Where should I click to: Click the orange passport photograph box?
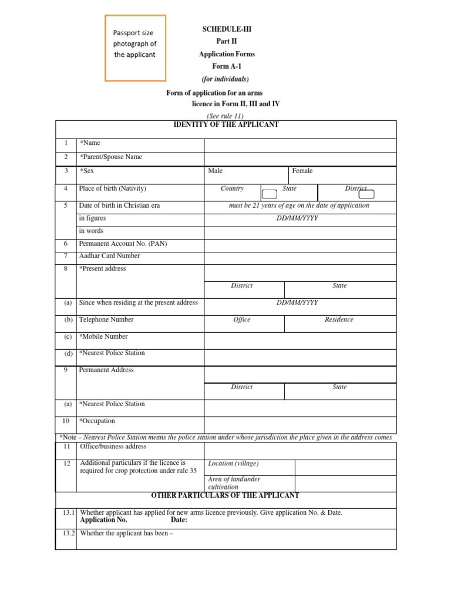click(135, 48)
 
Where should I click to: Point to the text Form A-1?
click(227, 66)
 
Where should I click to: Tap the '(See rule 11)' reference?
click(225, 116)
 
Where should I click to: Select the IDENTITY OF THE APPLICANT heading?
click(225, 124)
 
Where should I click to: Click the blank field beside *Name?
click(299, 145)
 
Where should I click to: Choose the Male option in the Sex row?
click(215, 171)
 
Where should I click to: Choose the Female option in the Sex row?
click(302, 171)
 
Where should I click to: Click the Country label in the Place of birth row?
click(232, 188)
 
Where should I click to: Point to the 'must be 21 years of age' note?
click(299, 205)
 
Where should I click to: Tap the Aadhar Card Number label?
click(109, 256)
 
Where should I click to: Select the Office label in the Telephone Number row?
click(241, 320)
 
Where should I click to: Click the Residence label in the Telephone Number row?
click(339, 320)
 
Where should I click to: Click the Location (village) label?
click(233, 464)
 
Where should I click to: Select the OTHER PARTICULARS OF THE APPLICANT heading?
click(225, 495)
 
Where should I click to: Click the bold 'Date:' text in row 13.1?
click(179, 520)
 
